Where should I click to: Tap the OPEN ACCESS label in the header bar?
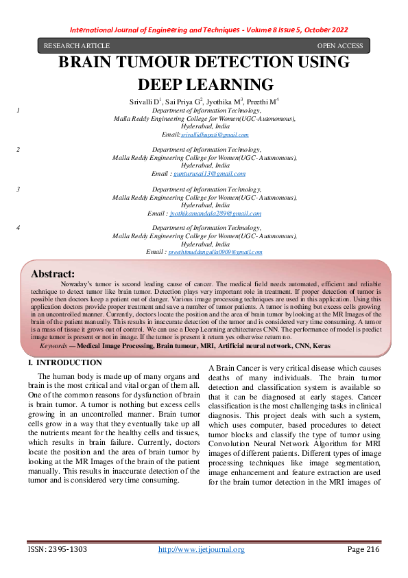pyautogui.click(x=339, y=46)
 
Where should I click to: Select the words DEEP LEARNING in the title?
pyautogui.click(x=206, y=84)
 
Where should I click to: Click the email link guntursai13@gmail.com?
pyautogui.click(x=209, y=174)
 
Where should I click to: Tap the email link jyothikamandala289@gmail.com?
pyautogui.click(x=215, y=213)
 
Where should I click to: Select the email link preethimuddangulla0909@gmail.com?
pyautogui.click(x=215, y=253)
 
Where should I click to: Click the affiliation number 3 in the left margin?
pyautogui.click(x=18, y=188)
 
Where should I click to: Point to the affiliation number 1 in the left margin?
pyautogui.click(x=18, y=110)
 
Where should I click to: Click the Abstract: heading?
pyautogui.click(x=53, y=273)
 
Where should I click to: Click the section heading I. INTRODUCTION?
pyautogui.click(x=64, y=362)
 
